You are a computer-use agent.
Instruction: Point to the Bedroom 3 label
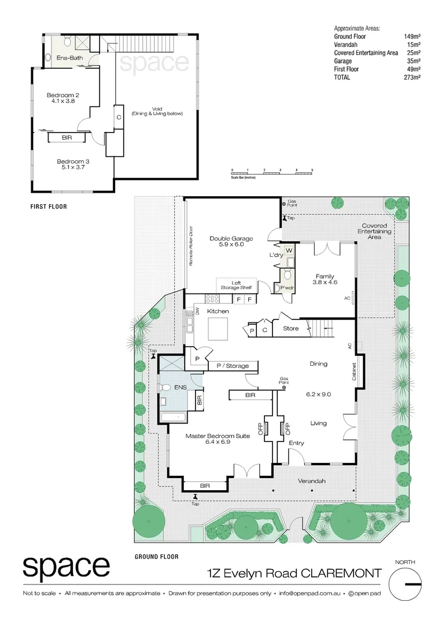(x=72, y=164)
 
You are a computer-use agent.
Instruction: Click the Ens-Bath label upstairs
(x=69, y=58)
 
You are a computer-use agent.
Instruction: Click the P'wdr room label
(x=286, y=288)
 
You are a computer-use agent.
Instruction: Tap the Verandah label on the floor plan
(x=311, y=481)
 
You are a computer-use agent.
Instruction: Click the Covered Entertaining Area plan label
(x=375, y=231)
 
